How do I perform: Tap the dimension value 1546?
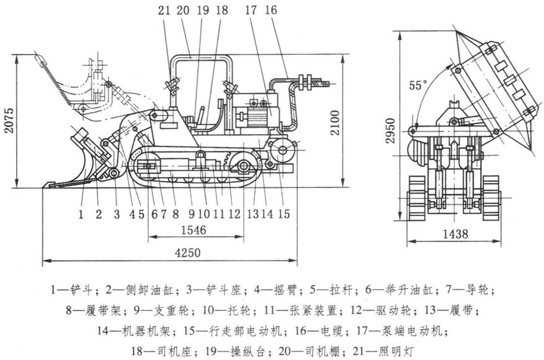click(x=194, y=230)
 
